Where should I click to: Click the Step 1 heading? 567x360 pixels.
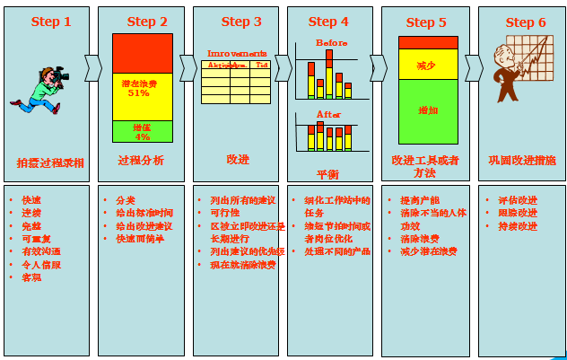[x=51, y=22]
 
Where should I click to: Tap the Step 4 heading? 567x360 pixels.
[x=328, y=22]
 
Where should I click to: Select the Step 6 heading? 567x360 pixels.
[x=525, y=22]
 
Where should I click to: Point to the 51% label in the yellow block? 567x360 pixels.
[x=138, y=93]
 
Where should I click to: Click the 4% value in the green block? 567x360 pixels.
[x=142, y=137]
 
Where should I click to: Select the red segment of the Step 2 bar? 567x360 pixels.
[x=142, y=53]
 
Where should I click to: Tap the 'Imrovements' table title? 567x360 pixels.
[x=237, y=54]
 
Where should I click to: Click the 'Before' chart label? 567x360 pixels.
[x=330, y=42]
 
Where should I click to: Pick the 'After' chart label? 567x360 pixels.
[x=329, y=114]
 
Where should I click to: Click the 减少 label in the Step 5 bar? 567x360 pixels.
[x=426, y=66]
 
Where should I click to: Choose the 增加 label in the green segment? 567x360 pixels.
[x=428, y=110]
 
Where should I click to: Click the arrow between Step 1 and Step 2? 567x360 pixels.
[x=92, y=67]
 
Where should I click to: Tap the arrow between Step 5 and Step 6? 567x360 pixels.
[x=473, y=67]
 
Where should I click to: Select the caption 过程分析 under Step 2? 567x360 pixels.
[x=141, y=161]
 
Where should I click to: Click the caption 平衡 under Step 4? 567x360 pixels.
[x=327, y=173]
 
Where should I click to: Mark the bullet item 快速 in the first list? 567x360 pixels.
[x=31, y=199]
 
